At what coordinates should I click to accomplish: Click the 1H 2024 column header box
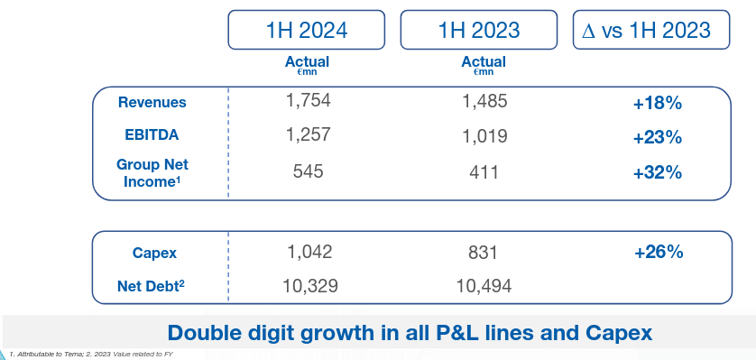pyautogui.click(x=307, y=31)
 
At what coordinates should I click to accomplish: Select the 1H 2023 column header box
pyautogui.click(x=479, y=31)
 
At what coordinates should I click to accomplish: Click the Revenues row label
pyautogui.click(x=152, y=102)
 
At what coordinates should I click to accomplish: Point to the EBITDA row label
pyautogui.click(x=152, y=134)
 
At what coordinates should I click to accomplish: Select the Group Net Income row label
pyautogui.click(x=152, y=173)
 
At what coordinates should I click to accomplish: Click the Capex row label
pyautogui.click(x=152, y=253)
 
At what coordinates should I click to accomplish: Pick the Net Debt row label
pyautogui.click(x=152, y=287)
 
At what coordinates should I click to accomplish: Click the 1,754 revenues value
pyautogui.click(x=308, y=101)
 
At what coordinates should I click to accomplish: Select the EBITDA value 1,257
pyautogui.click(x=308, y=134)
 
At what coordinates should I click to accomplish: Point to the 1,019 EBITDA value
pyautogui.click(x=484, y=136)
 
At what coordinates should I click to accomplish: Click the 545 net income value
pyautogui.click(x=308, y=171)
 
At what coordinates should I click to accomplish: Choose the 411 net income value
pyautogui.click(x=484, y=171)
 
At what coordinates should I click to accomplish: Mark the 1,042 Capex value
pyautogui.click(x=308, y=252)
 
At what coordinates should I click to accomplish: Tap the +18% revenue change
pyautogui.click(x=657, y=103)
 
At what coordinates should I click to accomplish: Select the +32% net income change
pyautogui.click(x=657, y=172)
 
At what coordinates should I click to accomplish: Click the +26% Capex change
pyautogui.click(x=657, y=253)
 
